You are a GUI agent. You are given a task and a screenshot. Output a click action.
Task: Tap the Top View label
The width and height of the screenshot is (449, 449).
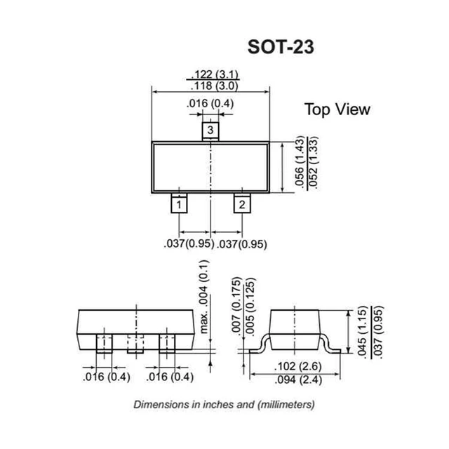coord(337,109)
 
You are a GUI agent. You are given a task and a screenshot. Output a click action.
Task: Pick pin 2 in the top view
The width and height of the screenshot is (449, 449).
coord(241,204)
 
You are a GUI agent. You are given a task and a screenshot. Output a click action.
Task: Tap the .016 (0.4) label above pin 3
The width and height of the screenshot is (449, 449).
coord(210,105)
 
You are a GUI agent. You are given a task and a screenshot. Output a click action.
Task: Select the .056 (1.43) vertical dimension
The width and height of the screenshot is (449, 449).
coord(300,166)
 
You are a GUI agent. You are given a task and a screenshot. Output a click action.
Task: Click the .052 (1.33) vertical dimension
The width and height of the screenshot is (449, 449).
coord(312,166)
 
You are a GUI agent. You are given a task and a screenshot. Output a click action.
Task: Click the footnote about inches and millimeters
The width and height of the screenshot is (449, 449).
coord(224,405)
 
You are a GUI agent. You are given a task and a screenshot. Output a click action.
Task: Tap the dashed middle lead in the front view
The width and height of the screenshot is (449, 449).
coord(135,344)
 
